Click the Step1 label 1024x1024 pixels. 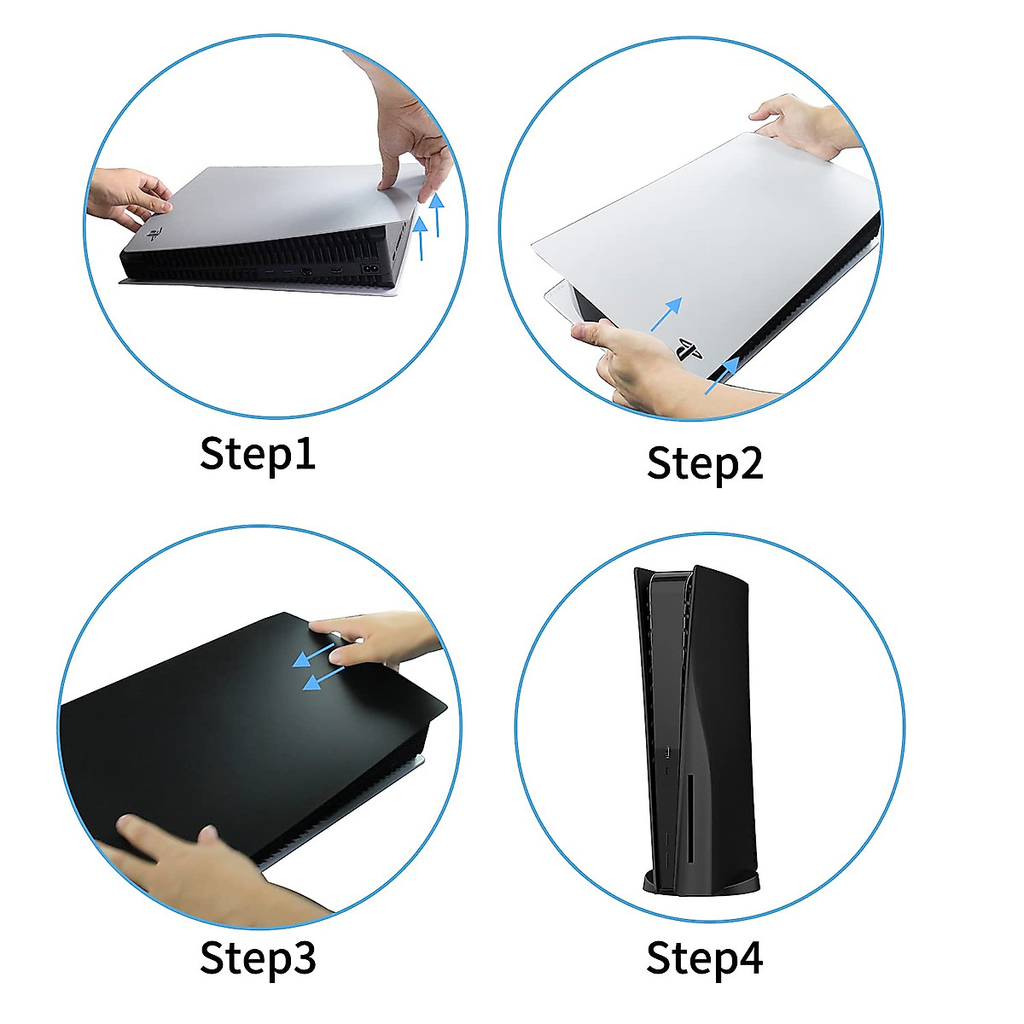258,453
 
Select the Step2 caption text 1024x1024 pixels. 705,463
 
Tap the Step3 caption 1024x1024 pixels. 258,958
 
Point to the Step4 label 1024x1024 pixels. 705,957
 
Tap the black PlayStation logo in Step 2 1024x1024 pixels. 688,350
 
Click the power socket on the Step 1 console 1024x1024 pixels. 373,268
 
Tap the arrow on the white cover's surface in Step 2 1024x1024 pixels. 666,314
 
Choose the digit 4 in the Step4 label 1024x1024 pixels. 748,957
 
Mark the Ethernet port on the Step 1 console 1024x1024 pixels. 305,275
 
